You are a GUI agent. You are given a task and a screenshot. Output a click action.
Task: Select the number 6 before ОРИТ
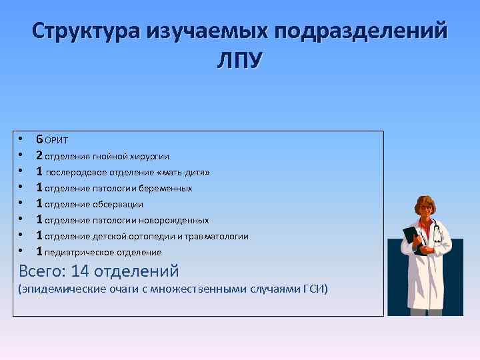[40, 139]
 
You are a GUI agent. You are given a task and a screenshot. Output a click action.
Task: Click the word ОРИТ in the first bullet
[57, 140]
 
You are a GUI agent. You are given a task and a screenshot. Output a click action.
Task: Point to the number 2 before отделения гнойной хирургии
[40, 155]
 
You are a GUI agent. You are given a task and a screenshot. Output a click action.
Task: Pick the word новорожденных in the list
[177, 221]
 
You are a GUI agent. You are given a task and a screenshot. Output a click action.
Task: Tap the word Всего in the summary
[39, 271]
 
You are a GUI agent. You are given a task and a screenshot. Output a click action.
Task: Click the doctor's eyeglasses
[424, 209]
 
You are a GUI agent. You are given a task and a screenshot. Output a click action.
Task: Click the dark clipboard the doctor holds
[414, 240]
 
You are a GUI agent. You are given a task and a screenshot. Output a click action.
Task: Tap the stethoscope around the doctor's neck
[437, 230]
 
